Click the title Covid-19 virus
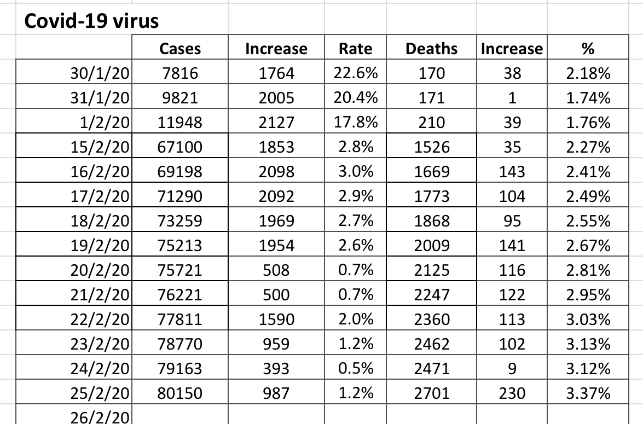pos(91,21)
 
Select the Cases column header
pos(180,49)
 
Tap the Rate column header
pos(355,49)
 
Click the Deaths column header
pos(431,49)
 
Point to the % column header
pos(588,49)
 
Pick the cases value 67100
pos(180,147)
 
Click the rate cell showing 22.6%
pos(355,73)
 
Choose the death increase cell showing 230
pos(511,393)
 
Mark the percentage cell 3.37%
pos(588,393)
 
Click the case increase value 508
pos(277,270)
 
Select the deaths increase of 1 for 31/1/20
pos(511,98)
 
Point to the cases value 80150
pos(180,393)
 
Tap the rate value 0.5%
pos(355,368)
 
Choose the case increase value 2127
pos(277,123)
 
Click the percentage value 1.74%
pos(588,98)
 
